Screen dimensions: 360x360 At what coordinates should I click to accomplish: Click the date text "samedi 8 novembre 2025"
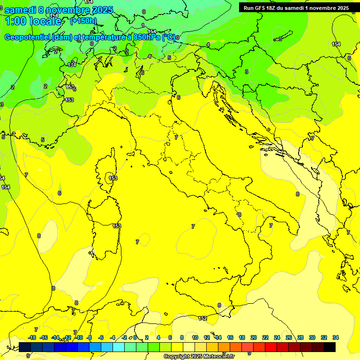click(59, 10)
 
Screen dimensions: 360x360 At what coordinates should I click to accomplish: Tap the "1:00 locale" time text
click(33, 21)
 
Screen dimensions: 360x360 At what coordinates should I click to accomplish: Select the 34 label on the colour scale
click(336, 337)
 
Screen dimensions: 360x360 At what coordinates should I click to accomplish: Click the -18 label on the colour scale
click(32, 337)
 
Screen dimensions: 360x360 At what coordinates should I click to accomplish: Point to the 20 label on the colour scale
click(254, 337)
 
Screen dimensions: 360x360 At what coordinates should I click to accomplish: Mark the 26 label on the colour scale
click(289, 337)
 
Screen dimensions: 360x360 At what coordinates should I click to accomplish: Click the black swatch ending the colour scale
click(330, 347)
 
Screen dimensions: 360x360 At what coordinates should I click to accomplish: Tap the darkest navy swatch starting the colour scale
click(25, 347)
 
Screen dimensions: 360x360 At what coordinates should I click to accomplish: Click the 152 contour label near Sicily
click(202, 319)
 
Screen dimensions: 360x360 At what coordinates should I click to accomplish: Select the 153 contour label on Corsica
click(113, 178)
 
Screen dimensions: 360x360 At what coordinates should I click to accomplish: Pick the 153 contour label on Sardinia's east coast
click(117, 226)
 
